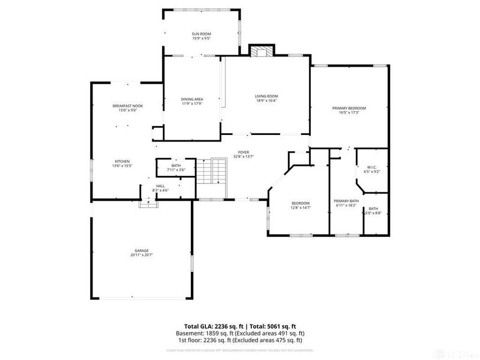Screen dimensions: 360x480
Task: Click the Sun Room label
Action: click(x=201, y=34)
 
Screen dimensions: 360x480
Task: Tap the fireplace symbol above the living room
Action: click(x=260, y=52)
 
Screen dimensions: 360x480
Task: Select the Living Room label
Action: click(x=266, y=96)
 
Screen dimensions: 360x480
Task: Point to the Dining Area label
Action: click(x=192, y=99)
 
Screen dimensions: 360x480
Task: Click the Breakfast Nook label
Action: click(x=127, y=106)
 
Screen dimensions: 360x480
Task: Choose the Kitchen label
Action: click(x=122, y=161)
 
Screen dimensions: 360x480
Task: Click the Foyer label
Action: click(x=243, y=152)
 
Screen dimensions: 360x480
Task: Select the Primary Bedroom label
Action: click(x=349, y=108)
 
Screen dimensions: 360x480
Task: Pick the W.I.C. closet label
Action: click(x=372, y=167)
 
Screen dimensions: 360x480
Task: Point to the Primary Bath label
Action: click(x=346, y=201)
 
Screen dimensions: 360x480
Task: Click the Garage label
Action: click(x=141, y=250)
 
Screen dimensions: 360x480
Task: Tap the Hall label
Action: click(x=161, y=186)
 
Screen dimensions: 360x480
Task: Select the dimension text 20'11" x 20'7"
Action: click(x=141, y=255)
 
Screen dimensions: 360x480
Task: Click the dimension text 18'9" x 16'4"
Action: click(x=266, y=101)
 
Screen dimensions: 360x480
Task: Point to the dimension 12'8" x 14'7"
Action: click(x=301, y=208)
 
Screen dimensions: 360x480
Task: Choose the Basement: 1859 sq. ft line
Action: click(x=240, y=332)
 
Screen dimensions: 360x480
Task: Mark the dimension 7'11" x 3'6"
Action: click(x=176, y=170)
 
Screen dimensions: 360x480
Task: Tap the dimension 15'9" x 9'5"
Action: click(x=201, y=38)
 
